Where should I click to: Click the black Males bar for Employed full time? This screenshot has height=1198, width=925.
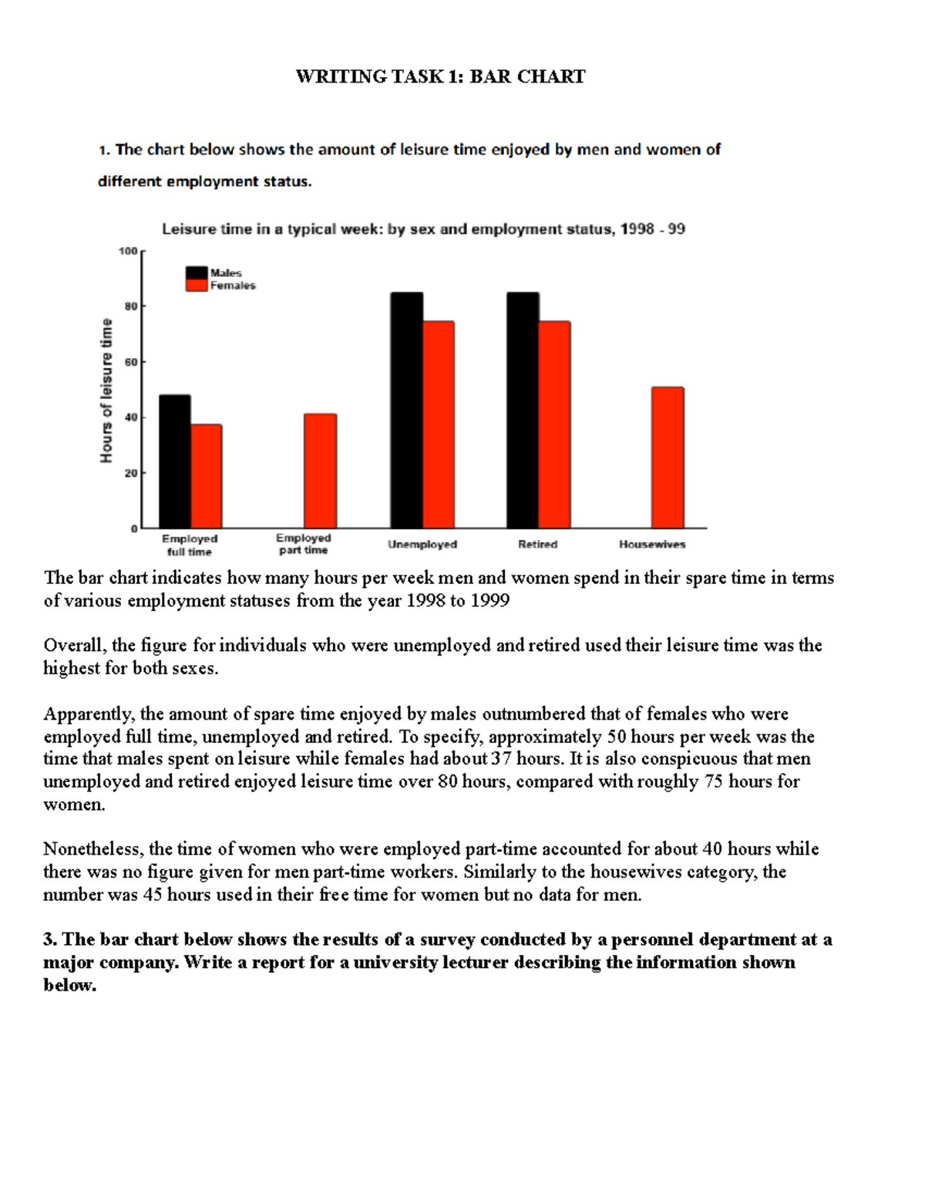[x=175, y=461]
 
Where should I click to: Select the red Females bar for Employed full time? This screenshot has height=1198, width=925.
[x=207, y=476]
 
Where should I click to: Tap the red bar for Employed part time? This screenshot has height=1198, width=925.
[x=320, y=471]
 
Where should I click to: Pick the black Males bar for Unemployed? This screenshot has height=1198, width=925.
[x=406, y=410]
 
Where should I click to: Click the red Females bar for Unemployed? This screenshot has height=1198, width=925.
[x=439, y=424]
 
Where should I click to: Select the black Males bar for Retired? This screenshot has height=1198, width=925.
[x=523, y=410]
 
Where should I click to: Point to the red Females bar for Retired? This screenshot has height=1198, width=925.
[x=555, y=424]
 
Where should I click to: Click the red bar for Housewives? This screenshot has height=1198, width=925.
[x=668, y=457]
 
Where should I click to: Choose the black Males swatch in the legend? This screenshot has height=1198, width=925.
[x=197, y=272]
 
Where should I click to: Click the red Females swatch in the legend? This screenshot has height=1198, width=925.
[x=197, y=285]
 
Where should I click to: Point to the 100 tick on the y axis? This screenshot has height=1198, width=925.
[x=127, y=251]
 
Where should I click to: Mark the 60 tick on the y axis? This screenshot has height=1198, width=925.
[x=130, y=362]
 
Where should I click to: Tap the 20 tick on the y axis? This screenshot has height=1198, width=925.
[x=130, y=473]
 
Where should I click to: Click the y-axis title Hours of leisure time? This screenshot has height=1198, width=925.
[x=106, y=391]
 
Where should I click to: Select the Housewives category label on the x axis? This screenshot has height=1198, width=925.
[x=652, y=545]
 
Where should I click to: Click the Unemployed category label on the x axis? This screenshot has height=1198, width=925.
[x=422, y=545]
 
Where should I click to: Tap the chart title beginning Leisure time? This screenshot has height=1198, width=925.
[x=422, y=229]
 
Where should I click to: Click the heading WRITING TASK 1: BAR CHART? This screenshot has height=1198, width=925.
[x=440, y=76]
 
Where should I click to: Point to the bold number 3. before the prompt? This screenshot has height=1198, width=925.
[x=50, y=940]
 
